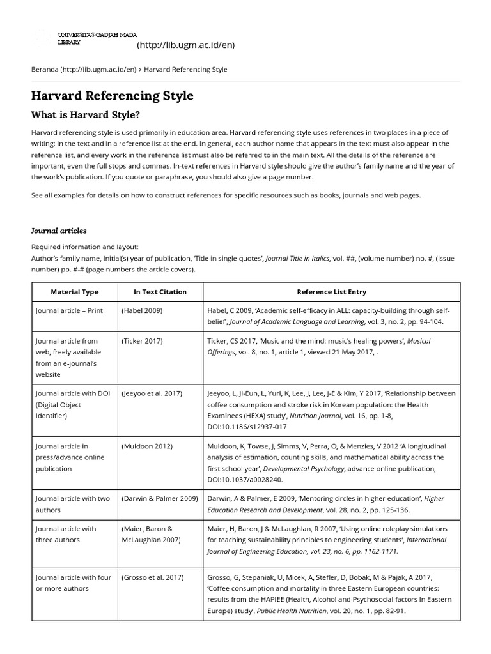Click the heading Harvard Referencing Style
tap(112, 96)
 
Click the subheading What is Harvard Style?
tap(85, 115)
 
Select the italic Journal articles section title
tap(59, 231)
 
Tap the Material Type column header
tap(74, 292)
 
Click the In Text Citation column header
tap(160, 292)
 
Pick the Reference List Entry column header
tap(331, 292)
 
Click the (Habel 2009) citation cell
tap(142, 310)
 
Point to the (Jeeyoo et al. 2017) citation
tap(152, 393)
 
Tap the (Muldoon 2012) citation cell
tap(146, 446)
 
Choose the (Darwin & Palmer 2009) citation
tap(159, 498)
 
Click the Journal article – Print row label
tap(68, 310)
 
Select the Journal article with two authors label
tap(72, 504)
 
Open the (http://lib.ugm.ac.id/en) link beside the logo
tap(185, 45)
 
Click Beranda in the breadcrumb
tap(44, 69)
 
